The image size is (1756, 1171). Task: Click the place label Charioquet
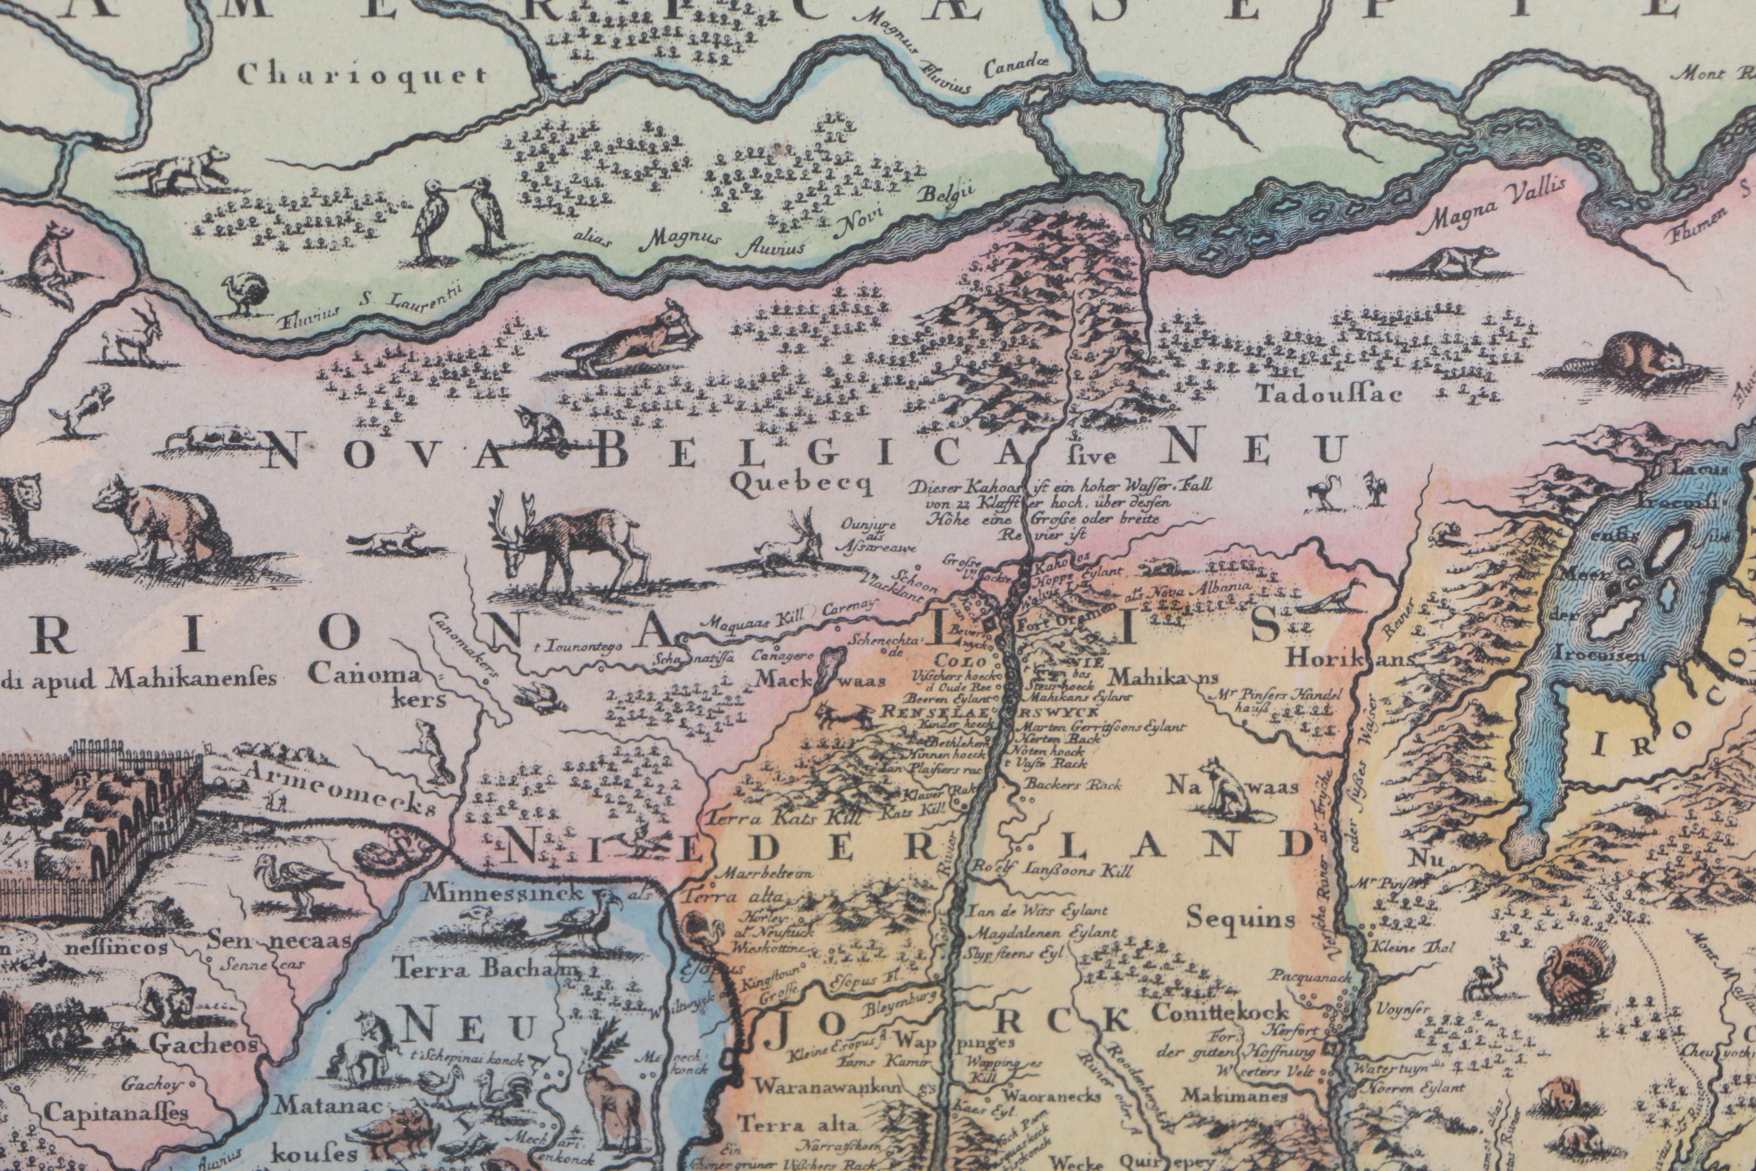[363, 75]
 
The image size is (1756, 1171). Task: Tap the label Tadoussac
[1329, 393]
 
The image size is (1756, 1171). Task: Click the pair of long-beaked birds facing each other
[459, 217]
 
